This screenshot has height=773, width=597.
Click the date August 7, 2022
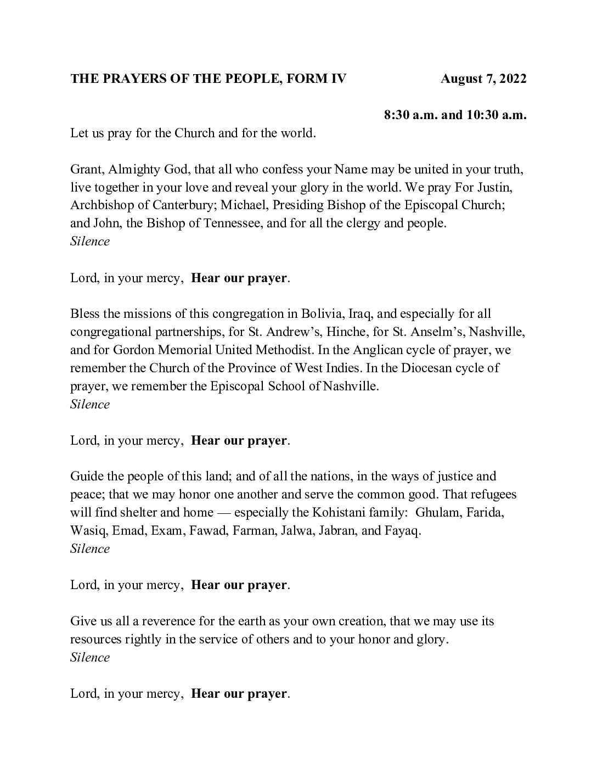483,79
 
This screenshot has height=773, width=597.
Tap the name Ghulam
436,513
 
